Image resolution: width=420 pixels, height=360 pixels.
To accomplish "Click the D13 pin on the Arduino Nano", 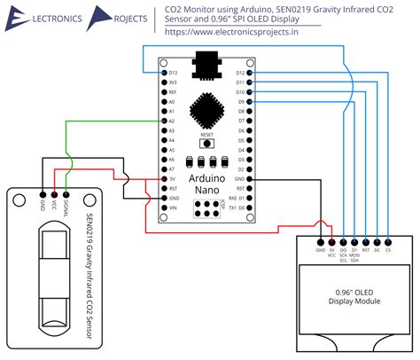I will [165, 72].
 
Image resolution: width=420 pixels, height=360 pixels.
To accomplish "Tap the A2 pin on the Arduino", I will [165, 121].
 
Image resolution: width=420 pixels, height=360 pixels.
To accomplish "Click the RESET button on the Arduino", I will [207, 142].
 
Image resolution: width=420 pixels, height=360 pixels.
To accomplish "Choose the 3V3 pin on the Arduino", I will [165, 82].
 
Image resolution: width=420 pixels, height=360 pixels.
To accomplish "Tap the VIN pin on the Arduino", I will [165, 208].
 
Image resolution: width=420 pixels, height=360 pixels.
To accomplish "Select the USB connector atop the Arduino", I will [207, 65].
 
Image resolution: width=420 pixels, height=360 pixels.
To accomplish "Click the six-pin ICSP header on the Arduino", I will [206, 209].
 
